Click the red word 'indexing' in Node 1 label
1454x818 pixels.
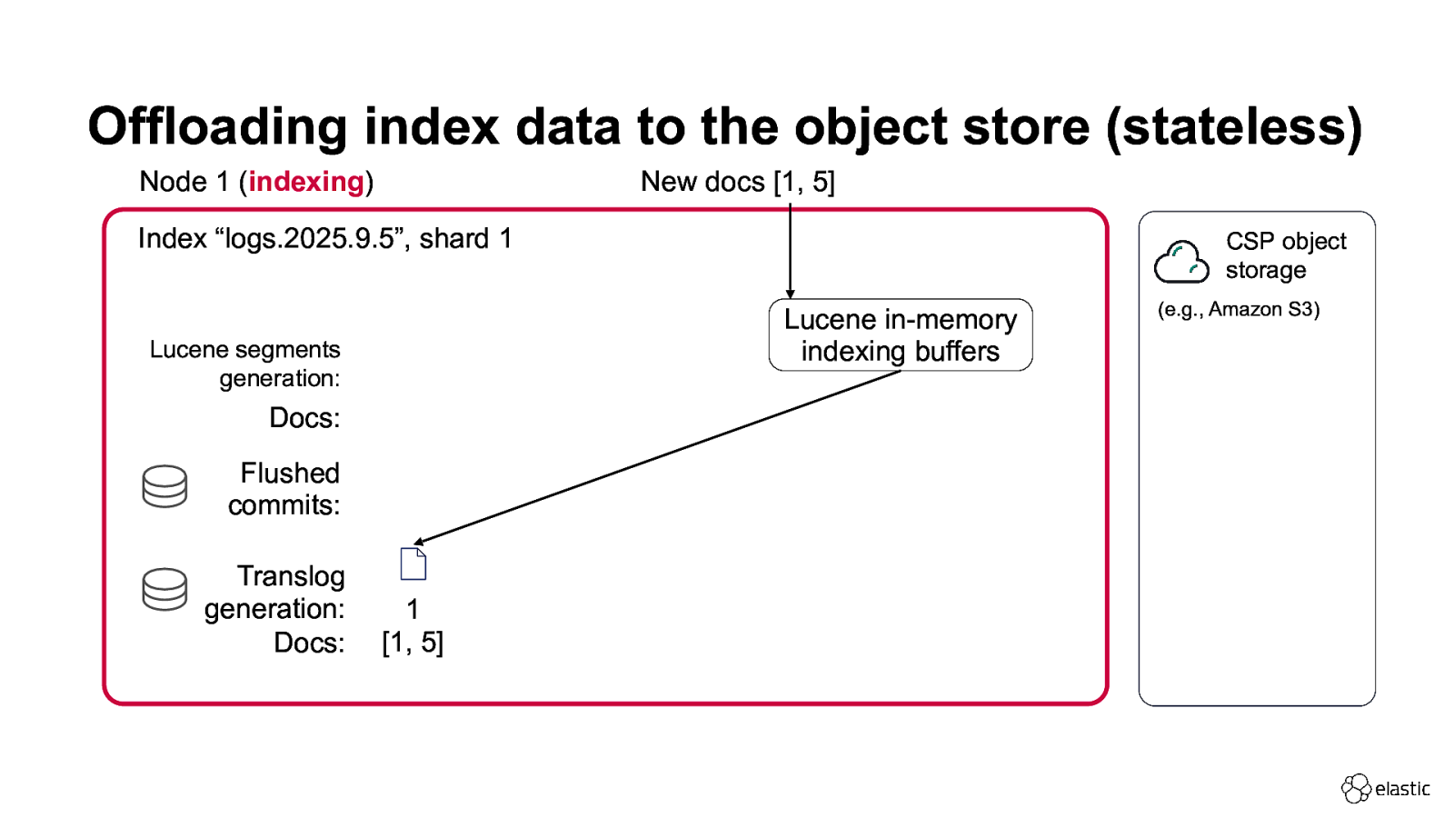coord(306,182)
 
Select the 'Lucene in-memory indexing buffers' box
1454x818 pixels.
coord(900,335)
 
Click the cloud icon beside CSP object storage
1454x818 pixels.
coord(1180,262)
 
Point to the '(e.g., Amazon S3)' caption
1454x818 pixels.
coord(1238,310)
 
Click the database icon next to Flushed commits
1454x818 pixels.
coord(164,486)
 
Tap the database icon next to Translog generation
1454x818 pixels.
coord(164,589)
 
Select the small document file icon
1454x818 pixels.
coord(413,564)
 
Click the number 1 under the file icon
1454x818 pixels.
coord(413,609)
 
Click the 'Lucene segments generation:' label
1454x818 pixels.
coord(245,364)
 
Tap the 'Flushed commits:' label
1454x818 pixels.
coord(284,489)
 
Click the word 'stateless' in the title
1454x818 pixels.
coord(1234,127)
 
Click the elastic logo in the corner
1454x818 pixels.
coord(1385,788)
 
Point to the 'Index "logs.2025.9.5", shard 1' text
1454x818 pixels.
coord(324,239)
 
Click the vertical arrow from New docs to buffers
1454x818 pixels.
coord(790,250)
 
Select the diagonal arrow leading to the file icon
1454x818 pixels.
coord(654,457)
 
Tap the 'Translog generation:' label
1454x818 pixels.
coord(275,593)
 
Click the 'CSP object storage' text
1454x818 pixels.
coord(1285,255)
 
